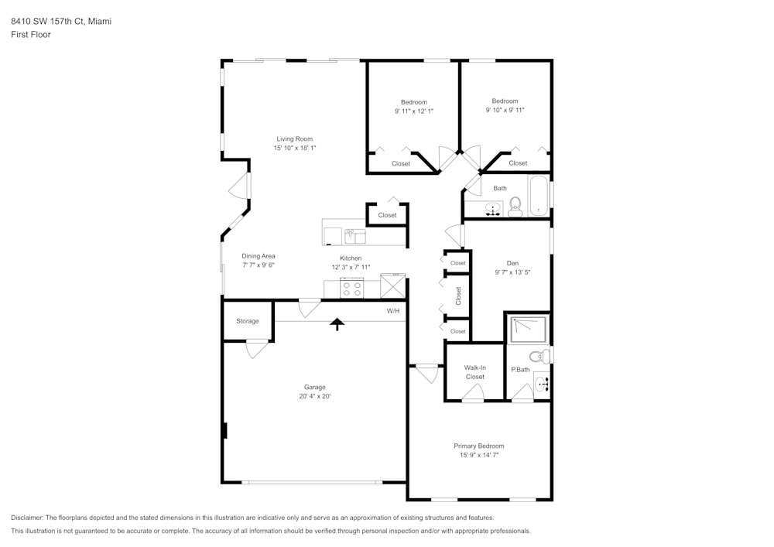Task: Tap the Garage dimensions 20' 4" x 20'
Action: point(314,396)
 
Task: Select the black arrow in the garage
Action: point(337,323)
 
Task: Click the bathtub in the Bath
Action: point(539,196)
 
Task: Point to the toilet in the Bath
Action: point(515,206)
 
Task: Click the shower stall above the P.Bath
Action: point(529,330)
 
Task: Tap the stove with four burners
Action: point(352,289)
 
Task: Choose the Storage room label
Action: point(248,321)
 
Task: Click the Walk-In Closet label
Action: point(474,372)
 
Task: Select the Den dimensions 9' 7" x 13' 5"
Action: point(512,272)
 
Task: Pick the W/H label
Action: point(393,311)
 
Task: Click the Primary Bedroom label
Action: point(478,446)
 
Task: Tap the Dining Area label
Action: point(259,256)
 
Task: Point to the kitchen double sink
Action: point(355,234)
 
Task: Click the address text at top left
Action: point(61,22)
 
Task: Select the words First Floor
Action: point(31,35)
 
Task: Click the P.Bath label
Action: point(520,370)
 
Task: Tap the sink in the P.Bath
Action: point(543,383)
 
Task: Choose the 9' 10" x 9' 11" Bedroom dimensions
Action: point(505,111)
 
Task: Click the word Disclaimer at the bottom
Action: point(29,518)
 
